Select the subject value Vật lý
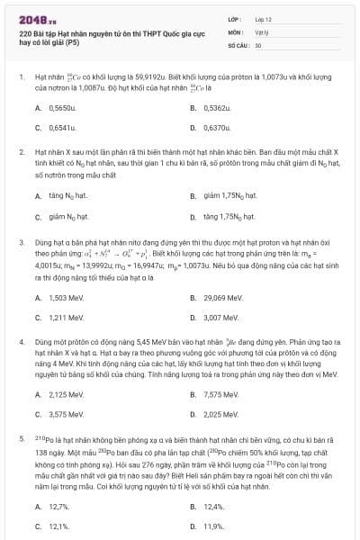click(x=262, y=31)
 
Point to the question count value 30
click(x=258, y=43)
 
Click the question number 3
click(x=21, y=242)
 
